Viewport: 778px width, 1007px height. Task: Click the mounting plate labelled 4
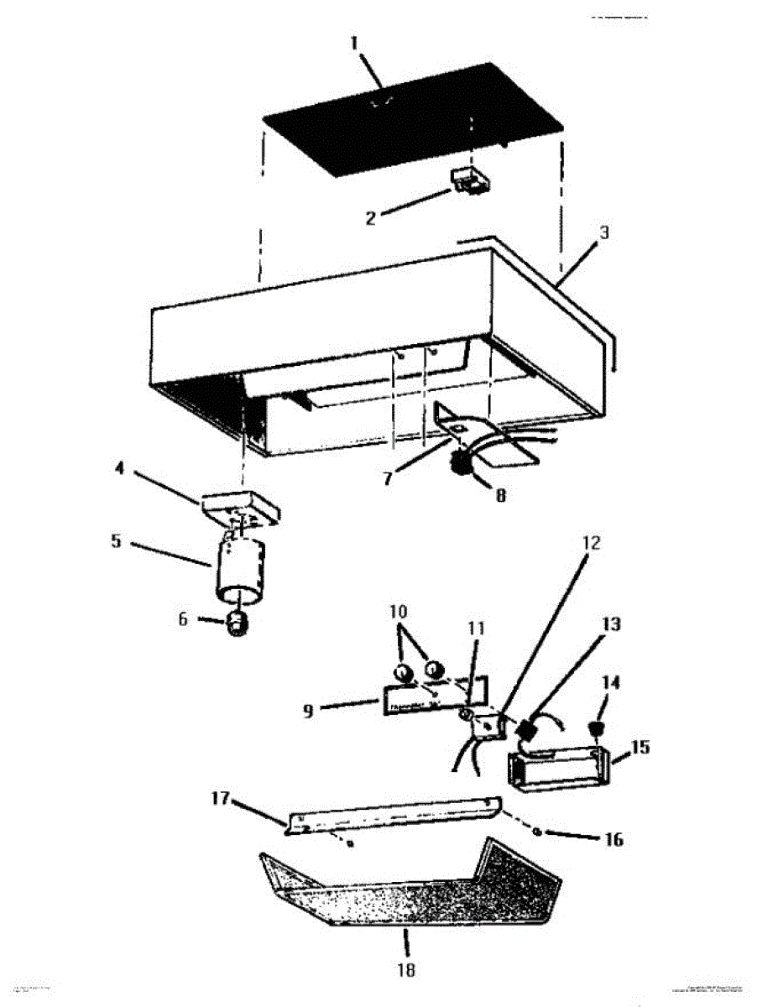coord(240,509)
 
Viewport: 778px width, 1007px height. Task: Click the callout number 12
coord(591,543)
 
